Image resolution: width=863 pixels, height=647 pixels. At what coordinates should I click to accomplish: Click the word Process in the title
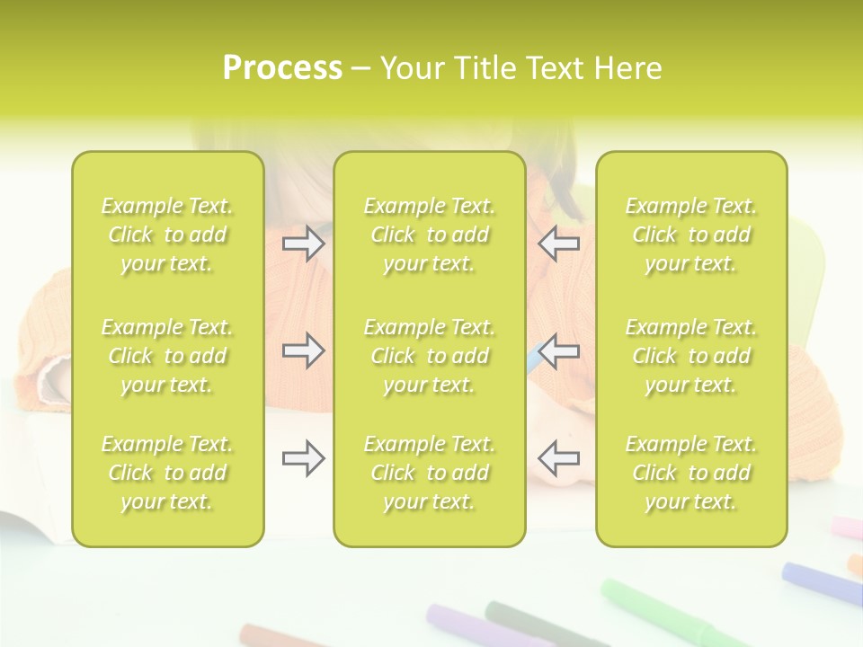point(282,68)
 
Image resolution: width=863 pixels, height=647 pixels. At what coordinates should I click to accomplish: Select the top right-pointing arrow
point(304,244)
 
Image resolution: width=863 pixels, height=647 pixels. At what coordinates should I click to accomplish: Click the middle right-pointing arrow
point(304,350)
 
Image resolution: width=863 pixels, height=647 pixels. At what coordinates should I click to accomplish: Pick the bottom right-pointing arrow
point(304,459)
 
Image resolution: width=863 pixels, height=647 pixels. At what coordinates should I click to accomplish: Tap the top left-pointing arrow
point(558,244)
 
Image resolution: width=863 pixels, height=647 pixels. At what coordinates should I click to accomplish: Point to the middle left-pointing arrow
point(558,350)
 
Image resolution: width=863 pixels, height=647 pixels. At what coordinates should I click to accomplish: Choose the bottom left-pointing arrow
point(558,457)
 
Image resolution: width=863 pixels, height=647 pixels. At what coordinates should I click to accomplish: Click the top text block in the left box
point(167,235)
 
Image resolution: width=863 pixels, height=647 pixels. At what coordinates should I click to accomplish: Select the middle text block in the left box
point(167,356)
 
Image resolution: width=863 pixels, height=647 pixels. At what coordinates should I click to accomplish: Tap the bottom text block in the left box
point(167,473)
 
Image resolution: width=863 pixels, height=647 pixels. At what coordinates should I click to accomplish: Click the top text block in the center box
point(429,235)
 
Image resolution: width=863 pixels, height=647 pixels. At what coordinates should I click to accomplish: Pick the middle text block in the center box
point(429,356)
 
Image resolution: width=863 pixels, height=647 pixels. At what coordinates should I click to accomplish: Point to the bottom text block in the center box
point(429,473)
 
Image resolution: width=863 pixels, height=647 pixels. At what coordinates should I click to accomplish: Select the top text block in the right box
point(691,235)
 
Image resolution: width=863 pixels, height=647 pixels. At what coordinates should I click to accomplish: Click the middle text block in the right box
point(691,356)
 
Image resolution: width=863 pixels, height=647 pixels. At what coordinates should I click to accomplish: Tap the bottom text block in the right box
point(691,473)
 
